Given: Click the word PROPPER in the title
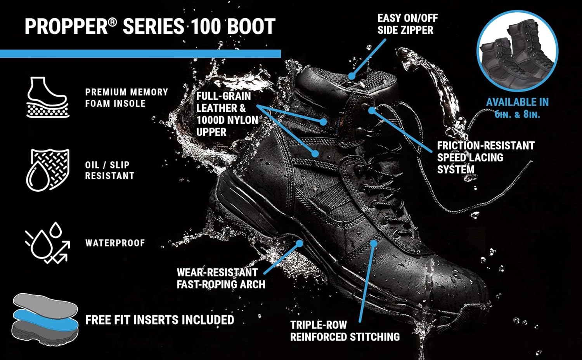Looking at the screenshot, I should [x=66, y=26].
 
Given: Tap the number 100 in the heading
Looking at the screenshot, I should [x=205, y=26].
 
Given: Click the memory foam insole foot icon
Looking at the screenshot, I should [x=47, y=97].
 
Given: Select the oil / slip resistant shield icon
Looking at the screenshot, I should [x=48, y=170].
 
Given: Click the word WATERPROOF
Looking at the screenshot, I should [x=115, y=243].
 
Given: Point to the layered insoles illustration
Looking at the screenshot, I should [x=45, y=317].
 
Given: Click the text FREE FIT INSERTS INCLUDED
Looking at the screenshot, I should [x=159, y=320].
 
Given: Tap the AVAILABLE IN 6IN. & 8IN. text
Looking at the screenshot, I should [x=517, y=108].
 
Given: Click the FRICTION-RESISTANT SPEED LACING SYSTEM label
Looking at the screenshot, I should [x=485, y=157].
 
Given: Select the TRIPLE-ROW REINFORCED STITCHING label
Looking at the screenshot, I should [x=345, y=331].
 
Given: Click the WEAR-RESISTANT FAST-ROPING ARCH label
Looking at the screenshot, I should [x=220, y=278].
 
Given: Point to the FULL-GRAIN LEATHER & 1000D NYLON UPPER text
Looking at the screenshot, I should [x=227, y=114].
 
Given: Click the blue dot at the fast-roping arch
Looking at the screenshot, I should [x=300, y=243].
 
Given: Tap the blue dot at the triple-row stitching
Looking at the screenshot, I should [x=374, y=243].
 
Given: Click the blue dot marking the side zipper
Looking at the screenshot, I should [x=352, y=76].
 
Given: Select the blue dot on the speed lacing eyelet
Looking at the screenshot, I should [x=371, y=110].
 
